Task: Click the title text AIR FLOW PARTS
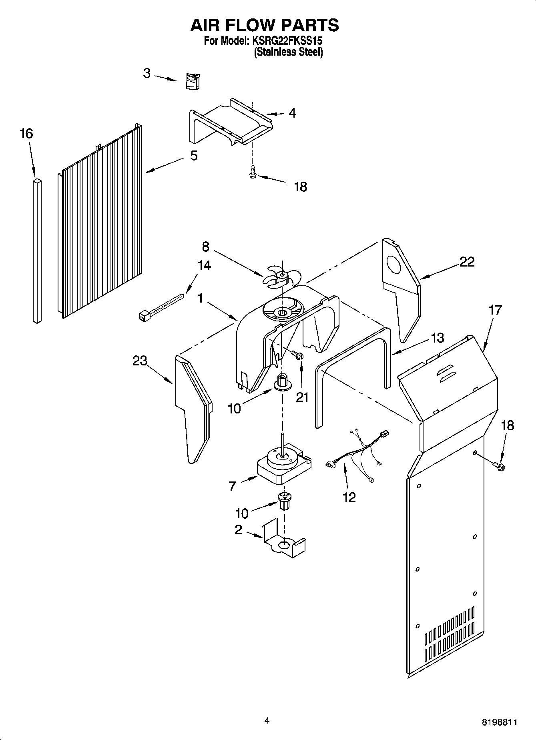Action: [x=264, y=25]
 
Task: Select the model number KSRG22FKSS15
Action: [x=287, y=41]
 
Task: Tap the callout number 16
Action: [x=26, y=134]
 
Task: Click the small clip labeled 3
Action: [x=193, y=82]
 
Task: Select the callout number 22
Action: [x=466, y=262]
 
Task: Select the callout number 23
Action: [x=140, y=361]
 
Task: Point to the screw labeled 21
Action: [x=297, y=355]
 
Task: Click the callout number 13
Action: [x=438, y=338]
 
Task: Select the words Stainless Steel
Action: [x=288, y=52]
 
